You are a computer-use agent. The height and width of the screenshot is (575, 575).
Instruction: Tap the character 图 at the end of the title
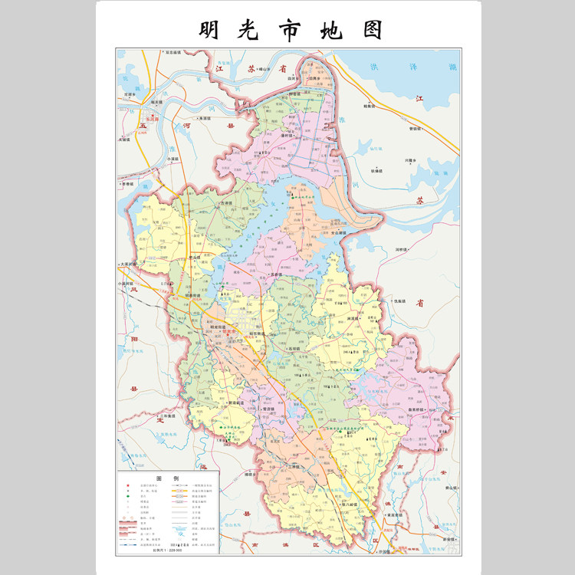pyautogui.click(x=369, y=28)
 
